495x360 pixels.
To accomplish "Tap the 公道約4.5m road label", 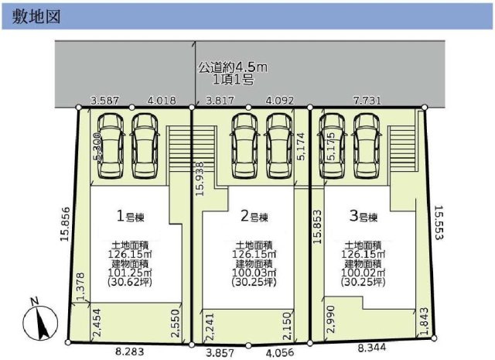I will point(232,67).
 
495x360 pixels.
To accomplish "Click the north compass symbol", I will point(38,321).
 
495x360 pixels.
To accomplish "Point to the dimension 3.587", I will point(104,100).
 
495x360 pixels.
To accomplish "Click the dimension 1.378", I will point(80,285).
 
